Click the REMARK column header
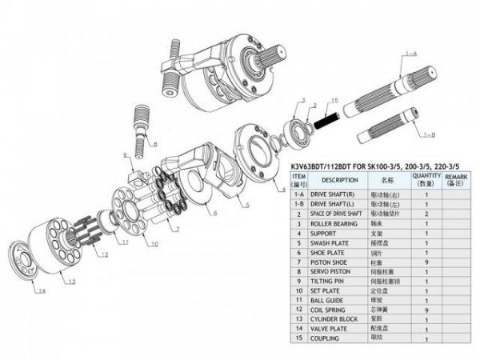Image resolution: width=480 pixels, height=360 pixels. point(456,180)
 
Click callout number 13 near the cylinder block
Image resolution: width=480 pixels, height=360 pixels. point(71,282)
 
